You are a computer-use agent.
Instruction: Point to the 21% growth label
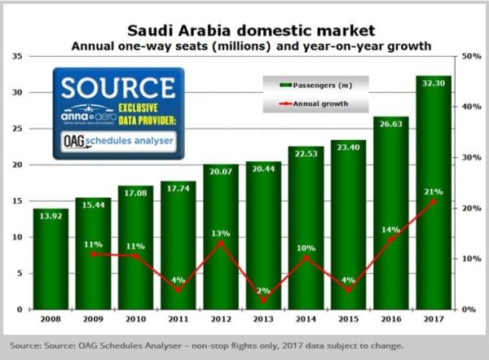[x=433, y=192]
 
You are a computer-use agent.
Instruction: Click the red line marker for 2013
[x=263, y=300]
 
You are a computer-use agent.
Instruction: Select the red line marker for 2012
[x=221, y=243]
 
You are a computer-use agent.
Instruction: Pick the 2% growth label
[x=263, y=289]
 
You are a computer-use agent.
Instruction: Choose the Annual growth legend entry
[x=313, y=103]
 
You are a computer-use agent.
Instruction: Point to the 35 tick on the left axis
[x=17, y=56]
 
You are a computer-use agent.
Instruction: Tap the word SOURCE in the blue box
[x=117, y=87]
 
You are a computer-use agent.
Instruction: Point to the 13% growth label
[x=221, y=234]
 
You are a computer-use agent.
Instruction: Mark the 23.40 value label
[x=348, y=147]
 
